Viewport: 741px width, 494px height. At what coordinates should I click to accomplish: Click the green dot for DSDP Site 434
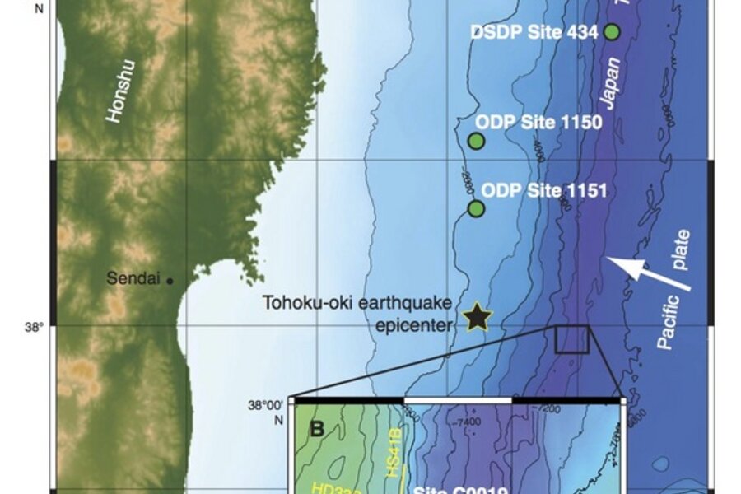612,32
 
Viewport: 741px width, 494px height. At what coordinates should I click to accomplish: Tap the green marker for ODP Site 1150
476,141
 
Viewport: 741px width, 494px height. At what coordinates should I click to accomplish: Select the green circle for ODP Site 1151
476,208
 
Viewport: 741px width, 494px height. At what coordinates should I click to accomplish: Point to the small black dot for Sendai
170,281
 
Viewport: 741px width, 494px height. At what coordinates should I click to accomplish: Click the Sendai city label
135,279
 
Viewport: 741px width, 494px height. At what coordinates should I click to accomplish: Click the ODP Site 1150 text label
541,123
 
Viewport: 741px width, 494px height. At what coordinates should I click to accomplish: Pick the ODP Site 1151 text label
543,191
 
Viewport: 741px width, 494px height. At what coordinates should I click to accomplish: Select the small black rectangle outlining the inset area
571,339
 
